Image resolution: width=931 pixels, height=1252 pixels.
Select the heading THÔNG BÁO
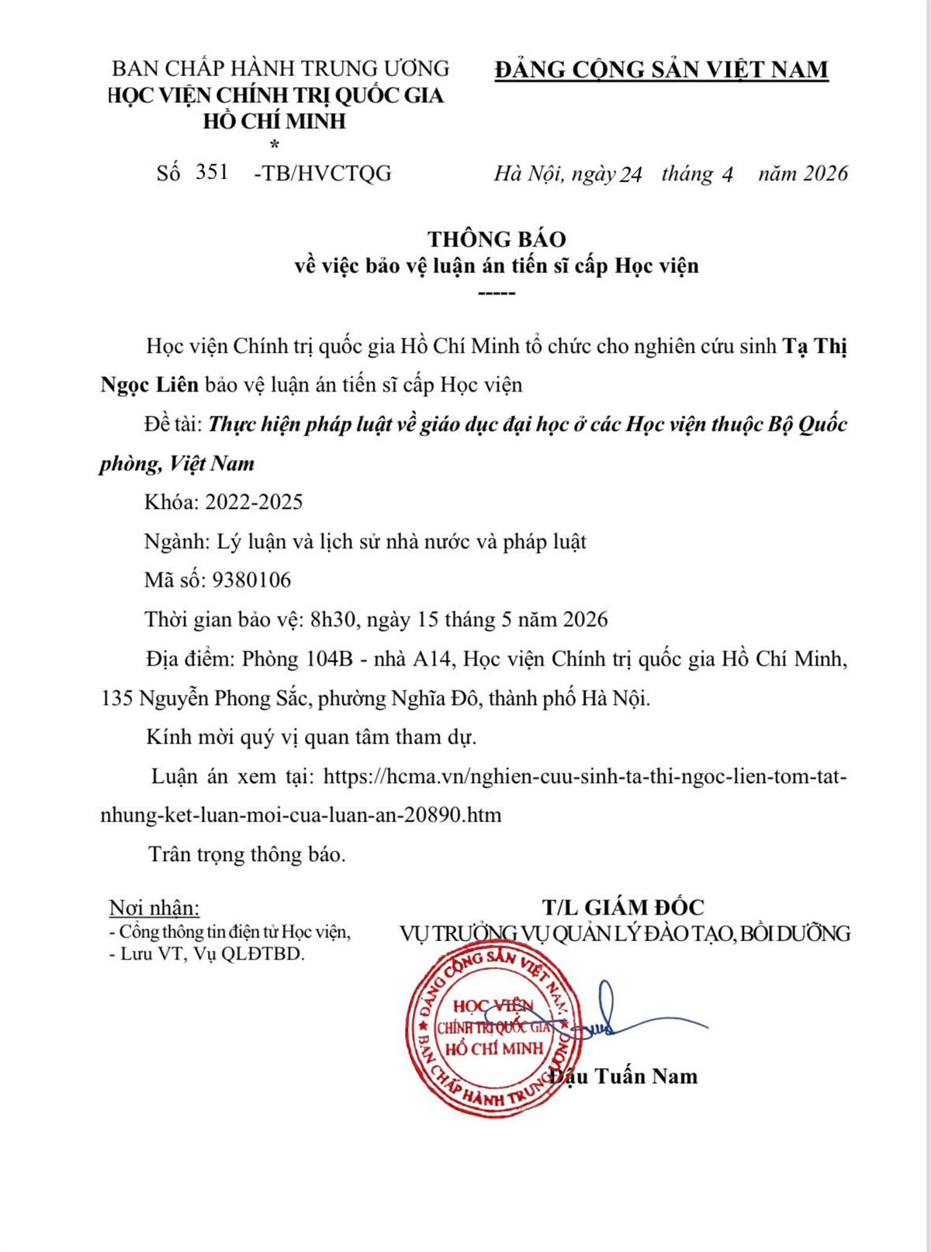497,238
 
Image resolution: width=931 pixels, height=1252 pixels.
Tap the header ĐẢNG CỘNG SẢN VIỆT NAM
661,70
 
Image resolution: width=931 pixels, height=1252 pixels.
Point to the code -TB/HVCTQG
323,173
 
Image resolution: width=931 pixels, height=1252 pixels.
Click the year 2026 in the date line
825,173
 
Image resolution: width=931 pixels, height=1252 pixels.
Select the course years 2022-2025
254,502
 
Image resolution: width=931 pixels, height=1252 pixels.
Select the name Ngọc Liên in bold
150,384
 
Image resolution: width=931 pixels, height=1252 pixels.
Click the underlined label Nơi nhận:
154,907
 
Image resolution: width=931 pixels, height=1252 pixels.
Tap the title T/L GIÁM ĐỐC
623,906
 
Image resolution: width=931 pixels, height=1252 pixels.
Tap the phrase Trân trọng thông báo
247,854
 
